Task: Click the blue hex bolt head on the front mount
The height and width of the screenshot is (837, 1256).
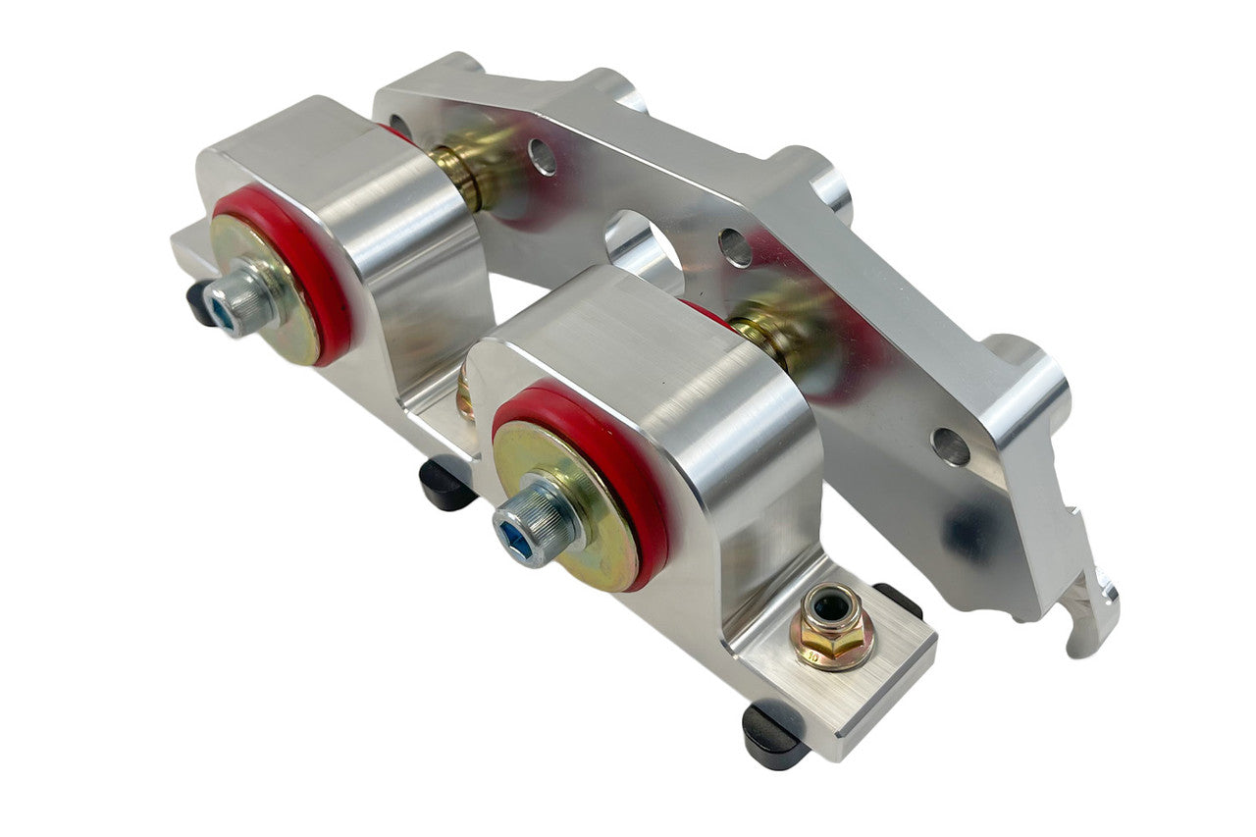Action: (x=522, y=529)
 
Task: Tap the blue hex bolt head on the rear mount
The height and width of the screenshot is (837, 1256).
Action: (x=234, y=303)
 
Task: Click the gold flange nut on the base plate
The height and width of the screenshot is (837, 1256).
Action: (x=833, y=628)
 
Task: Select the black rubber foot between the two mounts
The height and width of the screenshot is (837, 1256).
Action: (x=447, y=485)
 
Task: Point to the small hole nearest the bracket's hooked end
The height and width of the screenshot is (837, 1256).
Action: (x=950, y=446)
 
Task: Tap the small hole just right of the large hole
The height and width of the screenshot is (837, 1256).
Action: (x=735, y=247)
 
